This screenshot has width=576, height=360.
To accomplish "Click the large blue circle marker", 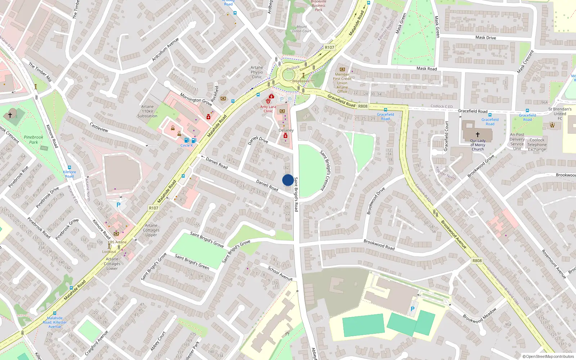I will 288,180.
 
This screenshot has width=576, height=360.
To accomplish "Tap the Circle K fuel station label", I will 186,145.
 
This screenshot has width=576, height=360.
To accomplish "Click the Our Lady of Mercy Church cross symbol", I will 478,135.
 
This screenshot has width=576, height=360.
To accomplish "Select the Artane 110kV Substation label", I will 147,111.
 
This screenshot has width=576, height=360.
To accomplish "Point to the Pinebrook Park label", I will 33,140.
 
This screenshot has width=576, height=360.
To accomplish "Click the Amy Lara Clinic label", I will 268,109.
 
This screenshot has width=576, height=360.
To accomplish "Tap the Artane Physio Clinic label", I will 257,72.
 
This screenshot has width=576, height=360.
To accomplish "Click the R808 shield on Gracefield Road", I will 363,106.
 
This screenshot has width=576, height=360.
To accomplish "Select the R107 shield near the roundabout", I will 329,47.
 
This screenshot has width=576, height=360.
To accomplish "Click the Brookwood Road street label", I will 379,244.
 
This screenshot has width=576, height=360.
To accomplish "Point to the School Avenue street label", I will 280,273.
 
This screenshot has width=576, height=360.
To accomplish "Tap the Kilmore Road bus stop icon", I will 69,167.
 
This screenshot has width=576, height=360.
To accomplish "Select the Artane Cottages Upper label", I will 151,230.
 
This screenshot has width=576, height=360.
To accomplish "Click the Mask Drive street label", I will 485,37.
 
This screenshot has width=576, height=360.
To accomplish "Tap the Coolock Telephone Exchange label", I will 537,145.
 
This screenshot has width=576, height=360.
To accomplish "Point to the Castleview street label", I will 99,127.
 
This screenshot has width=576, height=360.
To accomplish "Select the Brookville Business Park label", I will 318,5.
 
